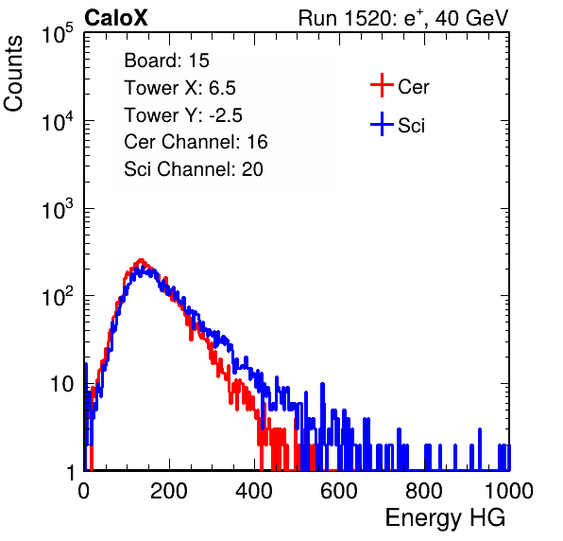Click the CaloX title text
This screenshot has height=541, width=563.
tap(116, 18)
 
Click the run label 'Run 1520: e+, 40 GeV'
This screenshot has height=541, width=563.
tap(403, 18)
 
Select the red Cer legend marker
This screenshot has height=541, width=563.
tap(382, 85)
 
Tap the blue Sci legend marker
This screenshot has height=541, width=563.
tap(382, 124)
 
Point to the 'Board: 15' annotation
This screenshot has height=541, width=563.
tap(166, 61)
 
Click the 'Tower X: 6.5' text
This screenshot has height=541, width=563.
tap(179, 88)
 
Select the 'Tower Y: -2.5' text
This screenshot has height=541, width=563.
tap(183, 115)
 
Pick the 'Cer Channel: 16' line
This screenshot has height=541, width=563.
tap(196, 142)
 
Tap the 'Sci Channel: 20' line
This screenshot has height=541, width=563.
tap(194, 169)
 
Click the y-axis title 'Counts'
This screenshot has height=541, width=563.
tap(13, 74)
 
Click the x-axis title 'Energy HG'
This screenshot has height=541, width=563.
tap(445, 517)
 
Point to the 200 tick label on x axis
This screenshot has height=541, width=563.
tap(169, 491)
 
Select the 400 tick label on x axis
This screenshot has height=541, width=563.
tap(254, 491)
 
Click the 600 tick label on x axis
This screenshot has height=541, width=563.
tap(339, 491)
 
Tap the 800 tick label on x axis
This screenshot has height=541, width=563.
tap(424, 491)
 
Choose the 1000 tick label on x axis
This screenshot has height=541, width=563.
tap(509, 491)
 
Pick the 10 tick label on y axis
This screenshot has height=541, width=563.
tap(62, 384)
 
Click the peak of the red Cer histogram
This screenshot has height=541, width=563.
tap(141, 260)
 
